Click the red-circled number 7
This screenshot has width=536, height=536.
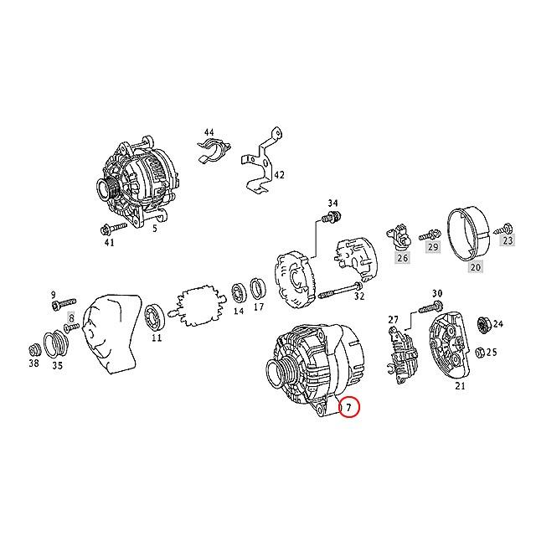pyautogui.click(x=350, y=408)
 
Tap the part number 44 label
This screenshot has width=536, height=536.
pyautogui.click(x=209, y=133)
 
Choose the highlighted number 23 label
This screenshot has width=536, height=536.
pyautogui.click(x=507, y=240)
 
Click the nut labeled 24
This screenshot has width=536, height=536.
pyautogui.click(x=482, y=323)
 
